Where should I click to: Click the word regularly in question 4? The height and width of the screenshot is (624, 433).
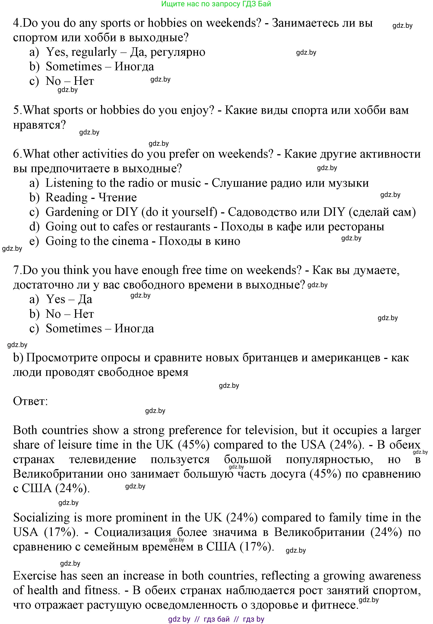click(94, 52)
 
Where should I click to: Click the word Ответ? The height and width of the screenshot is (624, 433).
click(30, 401)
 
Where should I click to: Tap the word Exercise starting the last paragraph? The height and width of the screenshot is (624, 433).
click(34, 576)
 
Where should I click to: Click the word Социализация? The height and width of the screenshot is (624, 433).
click(133, 532)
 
